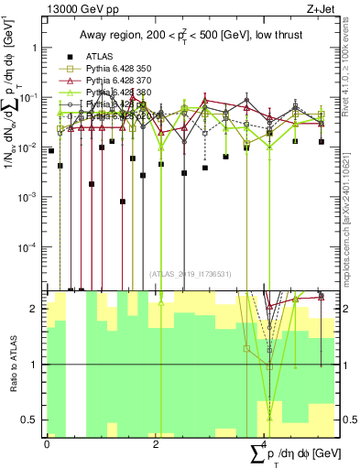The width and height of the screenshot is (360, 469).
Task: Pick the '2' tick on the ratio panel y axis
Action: (37, 309)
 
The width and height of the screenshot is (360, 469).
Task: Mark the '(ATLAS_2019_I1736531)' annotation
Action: (189, 274)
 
